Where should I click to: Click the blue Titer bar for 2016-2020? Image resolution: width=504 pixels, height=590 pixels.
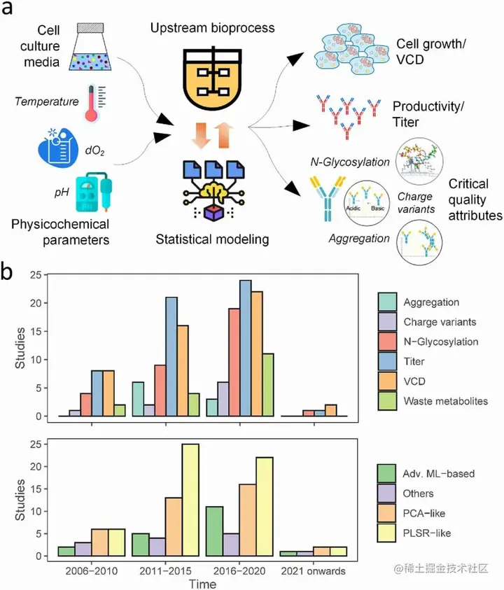pyautogui.click(x=245, y=348)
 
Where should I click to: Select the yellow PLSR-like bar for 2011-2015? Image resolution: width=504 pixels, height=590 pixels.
pyautogui.click(x=189, y=500)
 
